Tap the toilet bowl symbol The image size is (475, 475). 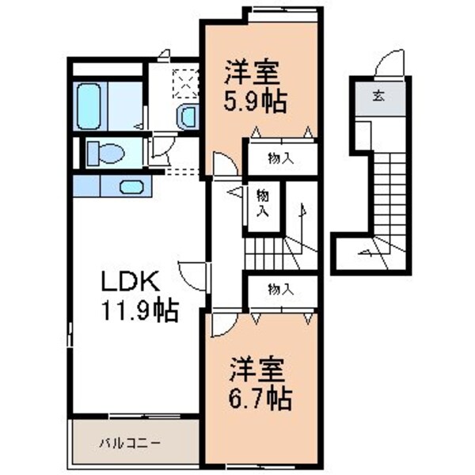click(x=105, y=151)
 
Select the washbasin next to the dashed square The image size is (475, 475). click(x=187, y=117)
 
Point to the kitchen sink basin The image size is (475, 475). click(x=132, y=187)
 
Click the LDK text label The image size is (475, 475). click(x=131, y=280)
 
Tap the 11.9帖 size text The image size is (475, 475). click(x=138, y=310)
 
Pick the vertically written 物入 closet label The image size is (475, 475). click(x=262, y=203)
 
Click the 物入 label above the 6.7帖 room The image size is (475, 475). click(x=280, y=290)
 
